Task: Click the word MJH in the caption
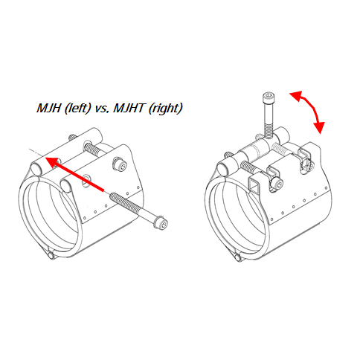pos(48,108)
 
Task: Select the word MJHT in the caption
pos(129,108)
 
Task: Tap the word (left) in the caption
pos(77,109)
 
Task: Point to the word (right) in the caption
pos(165,109)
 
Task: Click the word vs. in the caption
pos(102,109)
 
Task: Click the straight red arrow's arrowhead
pos(52,161)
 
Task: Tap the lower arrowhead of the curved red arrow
pos(320,126)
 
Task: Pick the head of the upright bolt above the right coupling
pos(269,97)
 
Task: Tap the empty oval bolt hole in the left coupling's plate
pos(86,180)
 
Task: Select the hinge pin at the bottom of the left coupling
pos(51,255)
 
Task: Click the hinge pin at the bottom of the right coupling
pos(237,257)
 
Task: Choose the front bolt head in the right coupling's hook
pos(276,184)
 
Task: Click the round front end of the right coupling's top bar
pos(223,170)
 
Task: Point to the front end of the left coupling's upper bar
pos(37,169)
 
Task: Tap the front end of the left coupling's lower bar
pos(65,185)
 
